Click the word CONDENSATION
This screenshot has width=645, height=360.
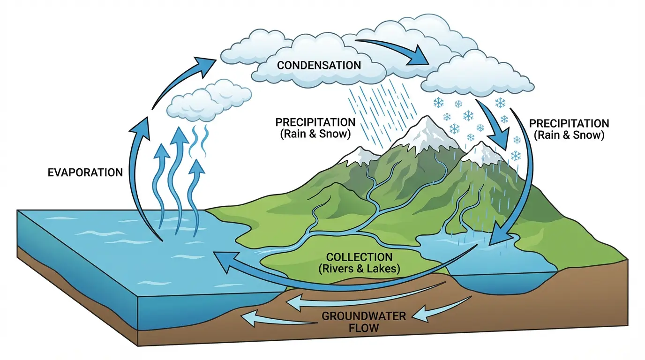[319, 65]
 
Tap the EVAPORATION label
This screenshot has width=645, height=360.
[85, 172]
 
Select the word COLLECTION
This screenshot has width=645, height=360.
[359, 257]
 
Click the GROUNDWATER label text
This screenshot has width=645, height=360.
[363, 315]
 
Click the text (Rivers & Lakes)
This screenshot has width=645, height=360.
[359, 269]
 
